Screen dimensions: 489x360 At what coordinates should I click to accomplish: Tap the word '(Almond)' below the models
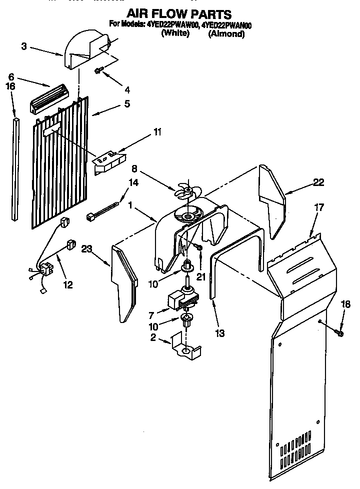226,34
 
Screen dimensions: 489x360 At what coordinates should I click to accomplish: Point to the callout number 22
318,183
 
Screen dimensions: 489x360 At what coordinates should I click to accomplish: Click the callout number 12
67,284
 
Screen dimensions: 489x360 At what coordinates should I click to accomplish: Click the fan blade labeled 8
187,191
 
